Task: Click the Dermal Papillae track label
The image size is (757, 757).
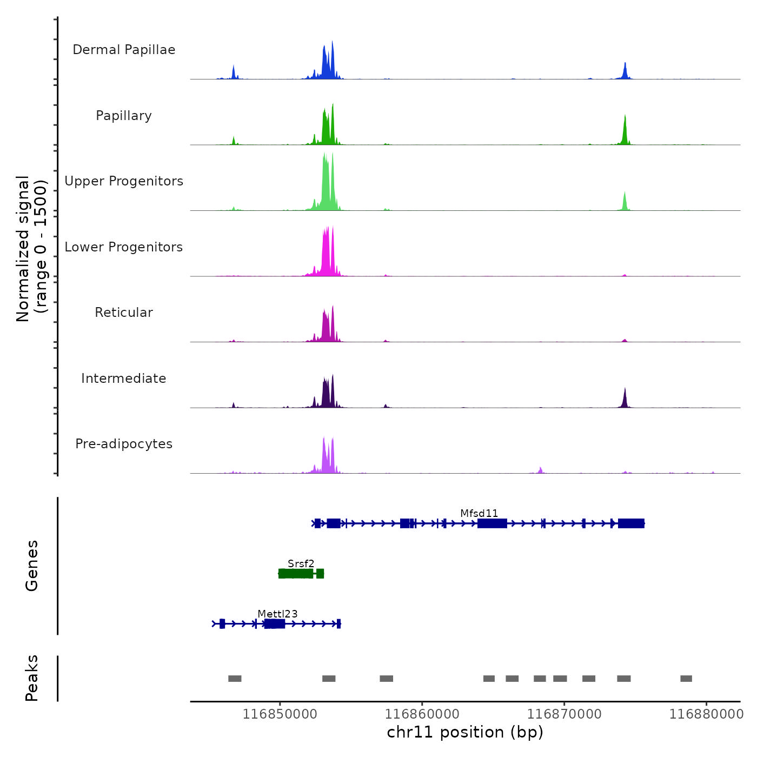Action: pos(124,50)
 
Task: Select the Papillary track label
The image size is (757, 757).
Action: pos(124,116)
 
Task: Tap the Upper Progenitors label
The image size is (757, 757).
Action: pos(124,181)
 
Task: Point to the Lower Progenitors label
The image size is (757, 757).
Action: pos(124,247)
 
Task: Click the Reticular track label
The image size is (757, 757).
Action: pos(124,313)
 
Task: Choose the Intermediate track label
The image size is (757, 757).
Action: pos(124,378)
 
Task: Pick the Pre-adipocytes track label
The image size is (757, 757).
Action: pos(124,444)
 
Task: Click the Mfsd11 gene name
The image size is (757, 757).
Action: pos(479,513)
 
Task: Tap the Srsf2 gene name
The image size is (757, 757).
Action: pos(301,563)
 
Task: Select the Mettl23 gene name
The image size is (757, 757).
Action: pos(277,614)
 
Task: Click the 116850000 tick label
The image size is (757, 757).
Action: pos(280,714)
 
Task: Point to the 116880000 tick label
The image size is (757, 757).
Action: pos(706,714)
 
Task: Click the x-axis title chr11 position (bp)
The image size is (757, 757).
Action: pos(465,732)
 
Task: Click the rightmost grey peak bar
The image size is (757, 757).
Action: pos(686,679)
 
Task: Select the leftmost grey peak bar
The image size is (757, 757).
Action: pos(235,679)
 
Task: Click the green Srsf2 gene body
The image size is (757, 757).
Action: pos(297,574)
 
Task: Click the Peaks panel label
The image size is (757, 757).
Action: pos(32,678)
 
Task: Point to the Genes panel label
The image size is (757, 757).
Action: pos(32,566)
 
